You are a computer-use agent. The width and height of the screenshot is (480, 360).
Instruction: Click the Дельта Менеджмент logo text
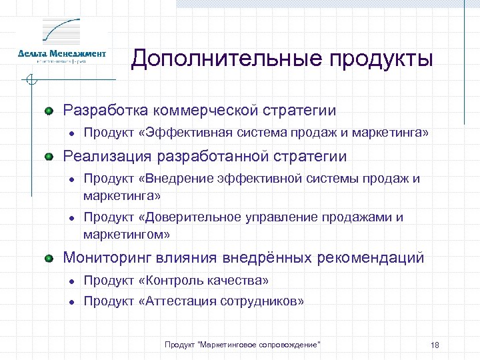[61, 53]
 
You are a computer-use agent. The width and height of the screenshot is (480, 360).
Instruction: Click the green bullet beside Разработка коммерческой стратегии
[49, 110]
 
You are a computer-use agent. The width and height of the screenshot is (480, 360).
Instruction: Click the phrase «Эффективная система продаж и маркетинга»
[284, 133]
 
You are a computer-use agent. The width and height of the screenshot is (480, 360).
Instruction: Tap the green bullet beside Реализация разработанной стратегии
[49, 157]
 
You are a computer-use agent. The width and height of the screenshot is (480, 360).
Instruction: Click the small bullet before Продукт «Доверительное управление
[70, 218]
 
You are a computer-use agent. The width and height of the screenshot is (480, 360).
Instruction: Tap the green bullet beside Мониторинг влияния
[49, 257]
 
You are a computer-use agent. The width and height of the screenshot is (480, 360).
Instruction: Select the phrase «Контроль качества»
[204, 280]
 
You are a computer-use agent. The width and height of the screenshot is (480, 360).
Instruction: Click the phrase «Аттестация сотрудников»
[221, 301]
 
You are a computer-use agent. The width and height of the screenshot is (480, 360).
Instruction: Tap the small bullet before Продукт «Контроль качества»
[70, 281]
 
